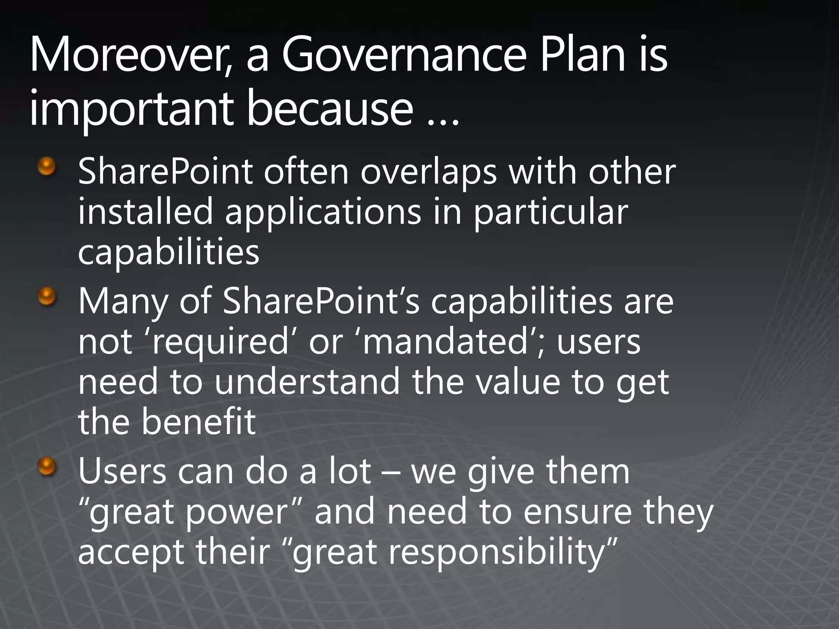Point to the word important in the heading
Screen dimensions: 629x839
coord(131,109)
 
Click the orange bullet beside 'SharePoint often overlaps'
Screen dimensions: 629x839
coord(47,167)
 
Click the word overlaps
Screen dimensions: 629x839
coord(429,172)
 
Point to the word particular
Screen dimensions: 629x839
coord(551,212)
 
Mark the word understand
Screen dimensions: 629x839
coord(307,381)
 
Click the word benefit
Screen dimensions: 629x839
coord(199,421)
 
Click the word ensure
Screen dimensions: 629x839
coord(578,512)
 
